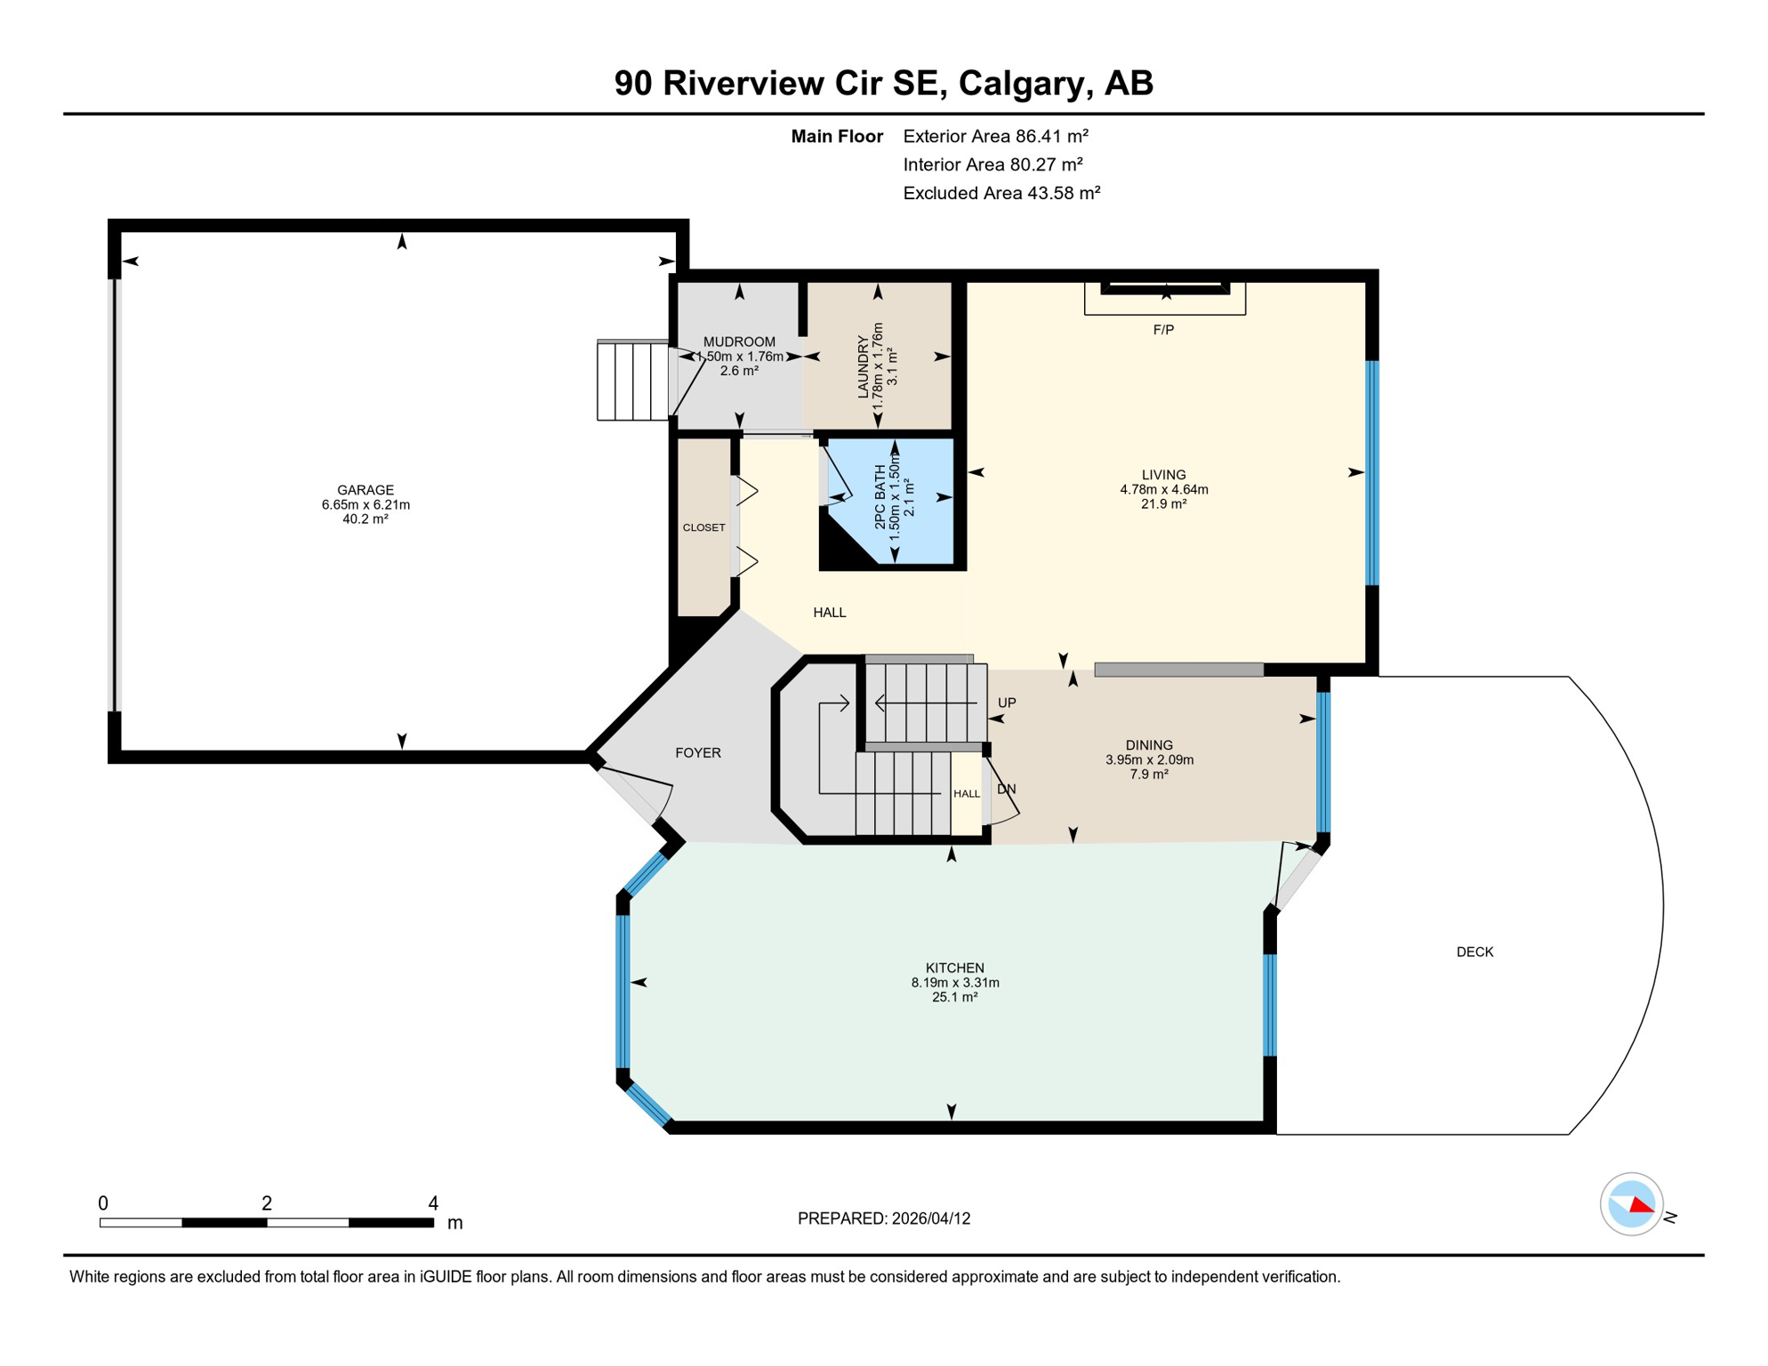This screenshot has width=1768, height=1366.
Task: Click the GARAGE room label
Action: tap(365, 490)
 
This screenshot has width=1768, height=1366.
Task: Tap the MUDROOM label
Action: tap(739, 342)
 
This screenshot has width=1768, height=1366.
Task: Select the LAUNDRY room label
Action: tap(863, 366)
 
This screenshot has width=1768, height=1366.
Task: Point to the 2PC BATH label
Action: tap(880, 497)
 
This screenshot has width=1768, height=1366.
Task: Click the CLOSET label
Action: tap(703, 528)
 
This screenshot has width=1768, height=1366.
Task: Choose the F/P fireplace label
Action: tap(1163, 330)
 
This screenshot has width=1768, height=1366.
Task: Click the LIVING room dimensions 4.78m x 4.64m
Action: tap(1163, 490)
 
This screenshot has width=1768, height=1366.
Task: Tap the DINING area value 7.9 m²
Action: tap(1149, 775)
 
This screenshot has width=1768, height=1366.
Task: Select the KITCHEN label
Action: tap(954, 968)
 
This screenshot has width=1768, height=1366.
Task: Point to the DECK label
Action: tap(1475, 952)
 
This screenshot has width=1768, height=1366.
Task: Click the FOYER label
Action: tap(697, 753)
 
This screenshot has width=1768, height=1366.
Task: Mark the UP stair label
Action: tap(1007, 703)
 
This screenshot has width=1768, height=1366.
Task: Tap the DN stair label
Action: tap(1007, 790)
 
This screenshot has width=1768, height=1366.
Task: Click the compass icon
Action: tap(1631, 1204)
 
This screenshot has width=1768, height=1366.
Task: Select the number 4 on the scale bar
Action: tap(433, 1203)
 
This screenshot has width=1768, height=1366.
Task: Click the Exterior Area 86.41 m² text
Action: tap(995, 137)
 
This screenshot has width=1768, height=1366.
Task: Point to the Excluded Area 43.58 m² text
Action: tap(1001, 194)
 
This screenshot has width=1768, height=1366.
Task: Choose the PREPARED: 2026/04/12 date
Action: tap(883, 1219)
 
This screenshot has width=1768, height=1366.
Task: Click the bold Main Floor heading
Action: tap(837, 137)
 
